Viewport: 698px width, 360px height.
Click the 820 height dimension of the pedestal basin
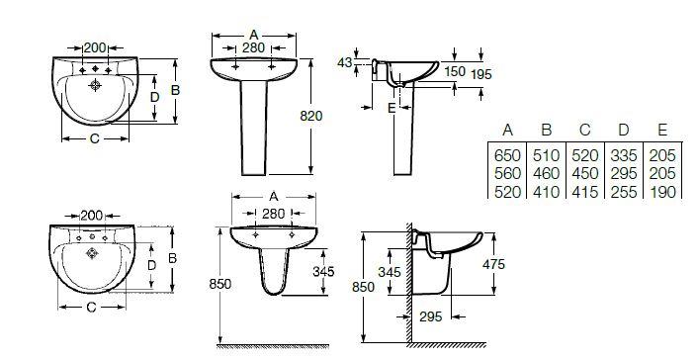(x=310, y=116)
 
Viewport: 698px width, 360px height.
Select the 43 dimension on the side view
(x=344, y=63)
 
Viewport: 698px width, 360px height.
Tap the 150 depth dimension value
(x=455, y=71)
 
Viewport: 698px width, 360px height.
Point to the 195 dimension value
(x=481, y=74)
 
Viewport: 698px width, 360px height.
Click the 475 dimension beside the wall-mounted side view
(x=493, y=264)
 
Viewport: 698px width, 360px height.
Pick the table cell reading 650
(x=507, y=155)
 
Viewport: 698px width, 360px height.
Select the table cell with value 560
(x=507, y=173)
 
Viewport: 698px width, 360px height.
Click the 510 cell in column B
(x=546, y=155)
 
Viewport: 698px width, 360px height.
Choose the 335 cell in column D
(x=623, y=155)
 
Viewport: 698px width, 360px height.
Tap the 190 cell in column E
(x=662, y=192)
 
